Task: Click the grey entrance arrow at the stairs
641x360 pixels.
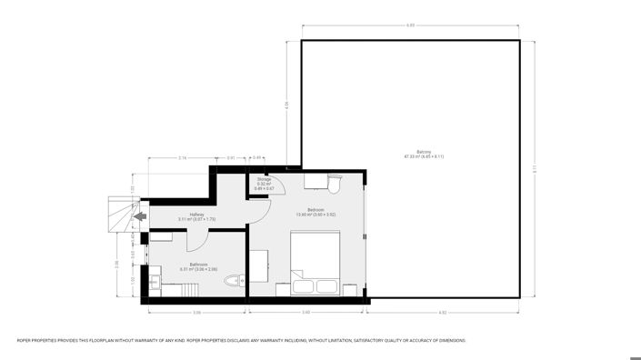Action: point(139,216)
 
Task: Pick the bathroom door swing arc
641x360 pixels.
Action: point(196,242)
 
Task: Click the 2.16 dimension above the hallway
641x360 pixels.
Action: point(182,158)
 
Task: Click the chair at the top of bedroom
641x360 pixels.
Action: point(335,185)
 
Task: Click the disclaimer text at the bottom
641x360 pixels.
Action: point(241,340)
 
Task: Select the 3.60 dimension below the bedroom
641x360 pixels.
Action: point(306,312)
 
